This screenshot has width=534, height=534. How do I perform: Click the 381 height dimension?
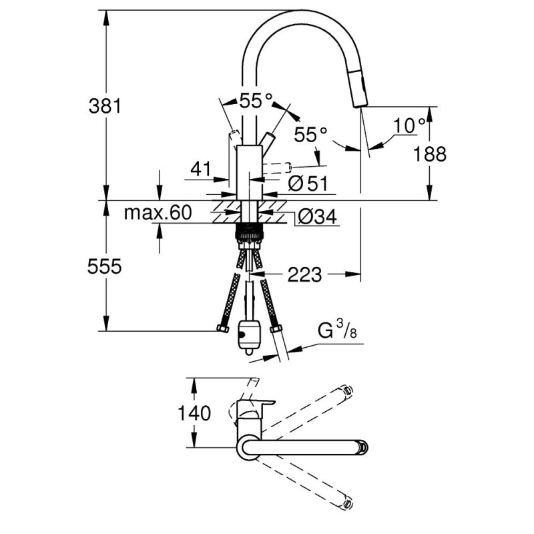pyautogui.click(x=105, y=106)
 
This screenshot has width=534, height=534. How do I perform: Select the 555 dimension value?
pyautogui.click(x=104, y=266)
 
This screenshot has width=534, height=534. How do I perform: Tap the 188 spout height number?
pyautogui.click(x=429, y=154)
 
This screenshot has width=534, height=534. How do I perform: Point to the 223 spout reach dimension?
pyautogui.click(x=304, y=274)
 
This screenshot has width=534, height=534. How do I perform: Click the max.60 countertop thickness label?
pyautogui.click(x=158, y=212)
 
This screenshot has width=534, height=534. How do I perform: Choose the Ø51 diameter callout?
pyautogui.click(x=308, y=183)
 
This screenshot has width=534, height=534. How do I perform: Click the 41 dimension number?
pyautogui.click(x=201, y=169)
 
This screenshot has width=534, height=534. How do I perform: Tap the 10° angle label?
pyautogui.click(x=409, y=125)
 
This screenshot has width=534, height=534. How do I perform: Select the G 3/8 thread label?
pyautogui.click(x=337, y=330)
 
